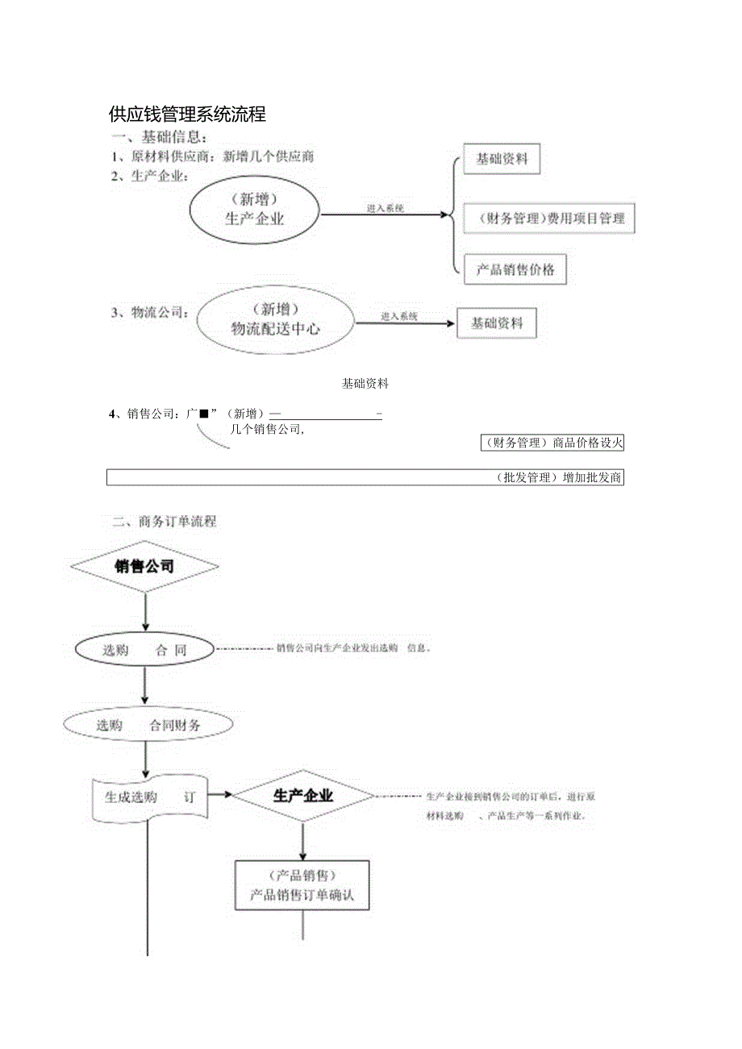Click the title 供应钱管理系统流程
click(x=188, y=114)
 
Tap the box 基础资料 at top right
click(x=502, y=159)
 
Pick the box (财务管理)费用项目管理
click(x=549, y=218)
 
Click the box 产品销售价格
click(x=515, y=269)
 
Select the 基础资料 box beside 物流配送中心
click(x=497, y=323)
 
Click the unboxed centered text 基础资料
click(x=365, y=384)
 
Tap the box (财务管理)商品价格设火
click(x=552, y=443)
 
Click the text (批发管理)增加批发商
click(x=558, y=478)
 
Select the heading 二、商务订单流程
click(x=165, y=522)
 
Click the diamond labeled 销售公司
click(x=144, y=567)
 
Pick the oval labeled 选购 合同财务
click(x=149, y=725)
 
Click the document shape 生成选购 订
click(x=150, y=798)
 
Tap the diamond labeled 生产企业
click(x=303, y=796)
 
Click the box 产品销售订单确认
click(x=302, y=885)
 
